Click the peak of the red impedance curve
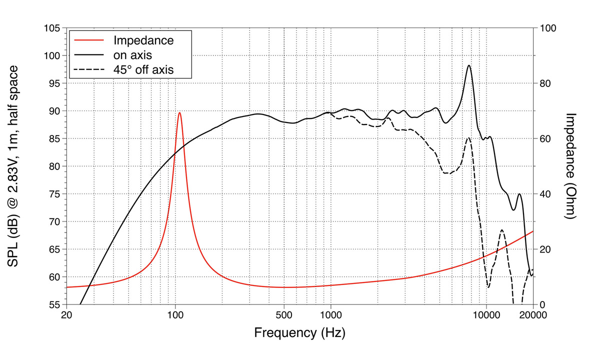179,112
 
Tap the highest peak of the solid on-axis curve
469,65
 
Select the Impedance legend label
143,40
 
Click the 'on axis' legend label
132,55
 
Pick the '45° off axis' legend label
143,69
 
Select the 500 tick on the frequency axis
284,315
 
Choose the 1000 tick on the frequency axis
330,315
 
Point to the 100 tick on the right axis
546,28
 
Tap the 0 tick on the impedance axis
541,304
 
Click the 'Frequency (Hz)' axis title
299,332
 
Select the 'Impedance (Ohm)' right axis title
570,166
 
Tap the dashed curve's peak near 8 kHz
468,138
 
